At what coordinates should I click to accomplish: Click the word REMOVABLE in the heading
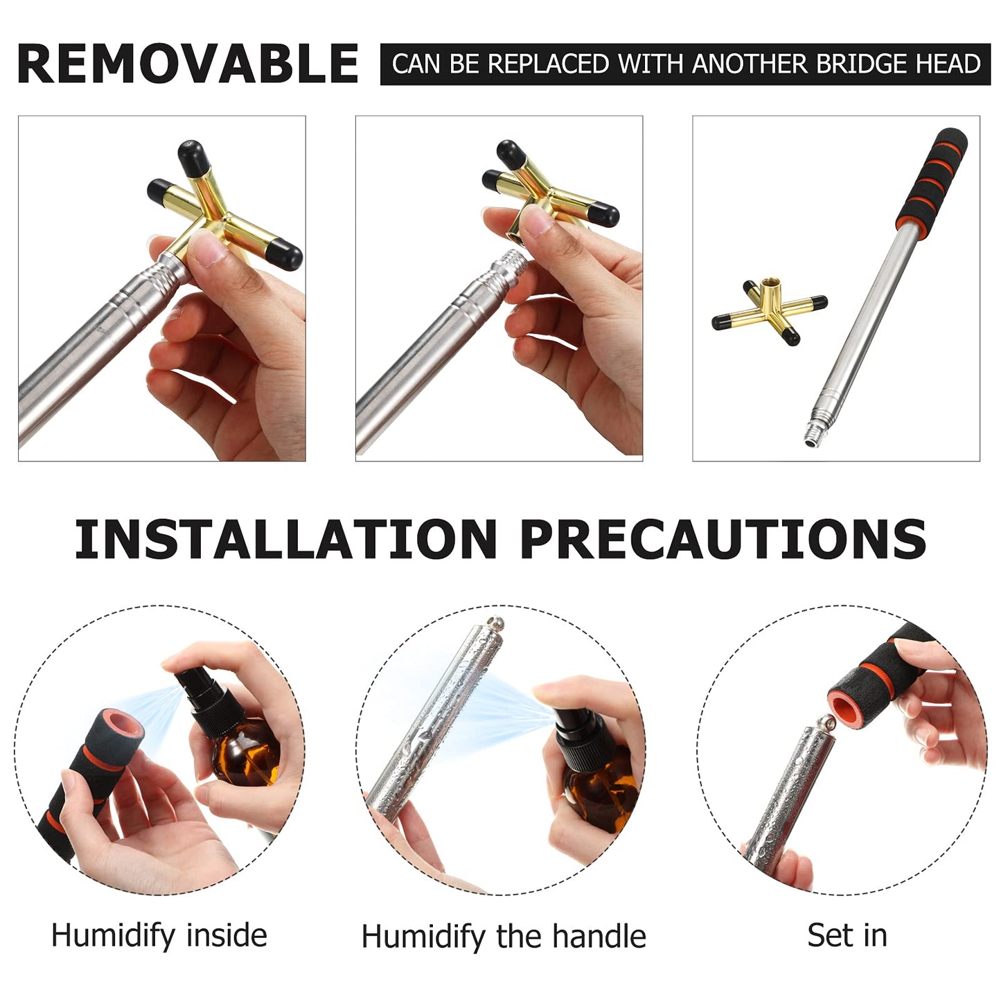click(x=187, y=64)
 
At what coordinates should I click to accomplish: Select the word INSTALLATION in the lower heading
click(x=285, y=539)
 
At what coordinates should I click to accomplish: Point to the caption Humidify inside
click(x=159, y=935)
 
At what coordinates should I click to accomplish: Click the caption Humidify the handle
click(x=504, y=937)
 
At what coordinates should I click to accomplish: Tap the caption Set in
click(x=847, y=935)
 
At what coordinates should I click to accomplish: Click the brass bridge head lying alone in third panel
click(x=769, y=312)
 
